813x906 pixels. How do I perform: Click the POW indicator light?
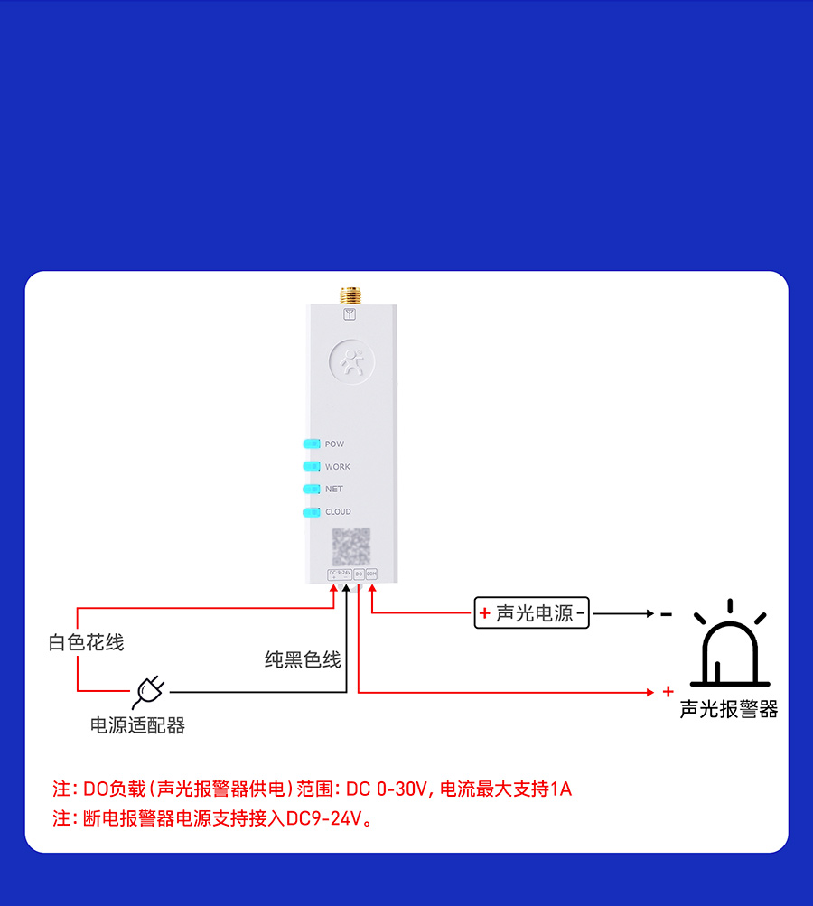[312, 444]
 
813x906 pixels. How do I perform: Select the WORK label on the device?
[337, 467]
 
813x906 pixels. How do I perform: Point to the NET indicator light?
[312, 489]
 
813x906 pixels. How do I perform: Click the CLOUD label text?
[338, 511]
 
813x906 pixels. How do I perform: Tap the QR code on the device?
[350, 546]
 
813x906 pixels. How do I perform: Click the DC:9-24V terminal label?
[340, 574]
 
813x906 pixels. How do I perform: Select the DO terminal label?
[359, 574]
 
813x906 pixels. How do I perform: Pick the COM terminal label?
[371, 574]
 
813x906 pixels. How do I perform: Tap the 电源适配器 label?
[137, 725]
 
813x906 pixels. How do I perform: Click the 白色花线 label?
[86, 642]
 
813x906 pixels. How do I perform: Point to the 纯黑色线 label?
[303, 660]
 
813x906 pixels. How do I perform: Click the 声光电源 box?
[531, 613]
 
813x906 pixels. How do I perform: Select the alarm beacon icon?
[730, 646]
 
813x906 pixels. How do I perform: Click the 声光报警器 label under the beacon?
[729, 709]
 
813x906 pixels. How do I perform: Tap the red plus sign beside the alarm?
[668, 692]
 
